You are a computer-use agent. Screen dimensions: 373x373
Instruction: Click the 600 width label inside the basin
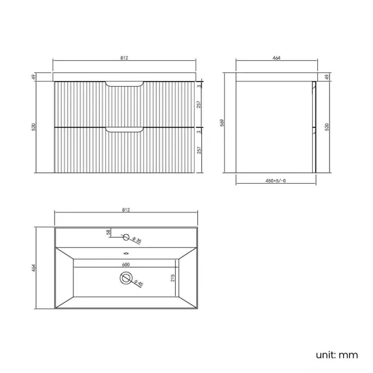[126, 264]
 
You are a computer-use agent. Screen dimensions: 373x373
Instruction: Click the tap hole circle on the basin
[126, 236]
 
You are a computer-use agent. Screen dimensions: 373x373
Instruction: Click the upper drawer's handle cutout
[125, 86]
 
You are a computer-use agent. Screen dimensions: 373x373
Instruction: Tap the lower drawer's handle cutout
[125, 131]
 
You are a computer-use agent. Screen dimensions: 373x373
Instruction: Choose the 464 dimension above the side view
[275, 57]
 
